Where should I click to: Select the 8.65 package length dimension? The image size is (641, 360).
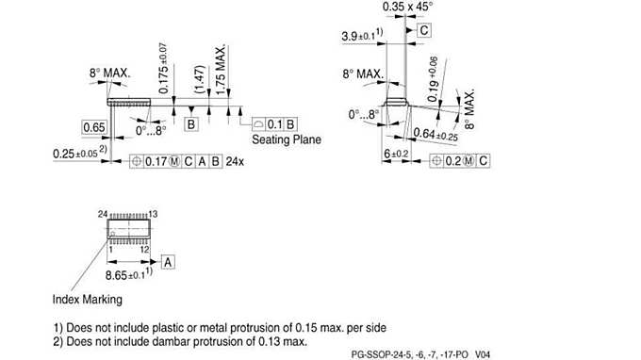click(123, 274)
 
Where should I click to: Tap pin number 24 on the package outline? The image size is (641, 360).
click(103, 215)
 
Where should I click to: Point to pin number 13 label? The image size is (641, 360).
click(153, 215)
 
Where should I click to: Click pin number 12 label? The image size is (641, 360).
click(146, 250)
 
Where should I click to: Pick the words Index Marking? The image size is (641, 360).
click(87, 300)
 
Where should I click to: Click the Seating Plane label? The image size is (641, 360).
click(287, 139)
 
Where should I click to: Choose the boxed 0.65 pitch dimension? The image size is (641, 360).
click(93, 127)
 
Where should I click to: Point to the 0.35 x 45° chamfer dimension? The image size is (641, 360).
click(407, 8)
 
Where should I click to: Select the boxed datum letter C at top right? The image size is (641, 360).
click(424, 30)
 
